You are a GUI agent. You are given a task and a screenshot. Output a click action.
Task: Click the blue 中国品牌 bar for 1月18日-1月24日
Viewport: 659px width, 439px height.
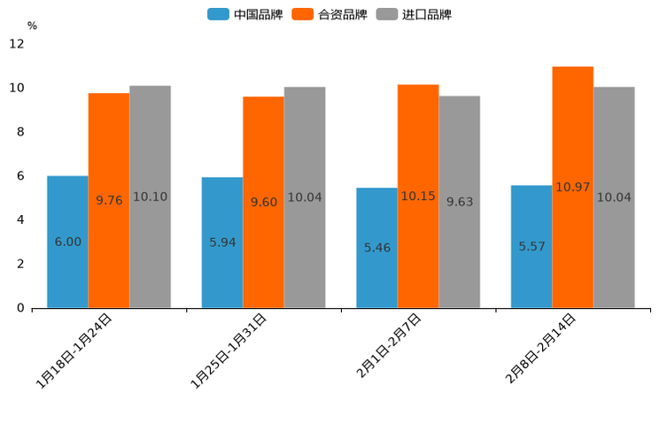(x=67, y=242)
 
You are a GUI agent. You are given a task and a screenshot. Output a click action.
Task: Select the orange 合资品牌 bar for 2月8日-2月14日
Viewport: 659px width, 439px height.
(x=572, y=188)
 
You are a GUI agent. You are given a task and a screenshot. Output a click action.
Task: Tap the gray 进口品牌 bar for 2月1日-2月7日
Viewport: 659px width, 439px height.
(x=460, y=202)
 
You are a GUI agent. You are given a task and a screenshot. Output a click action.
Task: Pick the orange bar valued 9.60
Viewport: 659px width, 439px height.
(x=263, y=202)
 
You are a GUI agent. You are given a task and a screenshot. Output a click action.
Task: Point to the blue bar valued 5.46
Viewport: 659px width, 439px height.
(x=376, y=248)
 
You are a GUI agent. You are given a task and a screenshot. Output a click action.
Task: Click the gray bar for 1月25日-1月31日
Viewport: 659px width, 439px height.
(x=305, y=197)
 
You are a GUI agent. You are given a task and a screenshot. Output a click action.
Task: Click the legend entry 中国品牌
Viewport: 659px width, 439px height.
(x=245, y=14)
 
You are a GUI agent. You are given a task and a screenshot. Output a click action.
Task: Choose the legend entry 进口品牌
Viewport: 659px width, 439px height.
(x=414, y=14)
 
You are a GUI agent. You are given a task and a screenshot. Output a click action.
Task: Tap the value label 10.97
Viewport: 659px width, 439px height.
(x=572, y=188)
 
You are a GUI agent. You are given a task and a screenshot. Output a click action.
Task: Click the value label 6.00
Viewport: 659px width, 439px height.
(x=67, y=242)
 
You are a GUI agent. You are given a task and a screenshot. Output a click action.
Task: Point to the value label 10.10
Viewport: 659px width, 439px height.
(x=150, y=197)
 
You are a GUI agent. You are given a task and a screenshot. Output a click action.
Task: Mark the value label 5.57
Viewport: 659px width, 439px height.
(x=531, y=246)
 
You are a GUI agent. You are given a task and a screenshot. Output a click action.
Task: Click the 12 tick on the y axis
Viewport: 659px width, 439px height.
(x=17, y=44)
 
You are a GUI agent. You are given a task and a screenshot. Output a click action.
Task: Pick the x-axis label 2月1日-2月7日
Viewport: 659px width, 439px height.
(x=389, y=347)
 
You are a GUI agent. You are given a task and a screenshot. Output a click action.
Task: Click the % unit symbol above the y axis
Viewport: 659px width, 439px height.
(x=32, y=27)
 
